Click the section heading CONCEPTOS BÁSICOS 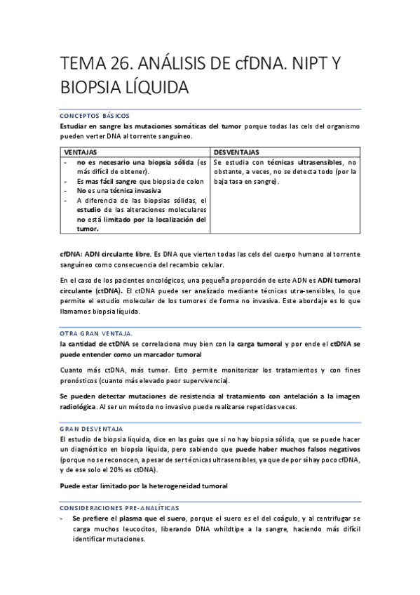click(95, 116)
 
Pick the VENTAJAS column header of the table click(81, 152)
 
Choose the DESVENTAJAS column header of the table click(236, 152)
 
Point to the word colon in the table click(196, 180)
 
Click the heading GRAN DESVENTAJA click(92, 428)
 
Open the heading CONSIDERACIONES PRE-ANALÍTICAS click(119, 507)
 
